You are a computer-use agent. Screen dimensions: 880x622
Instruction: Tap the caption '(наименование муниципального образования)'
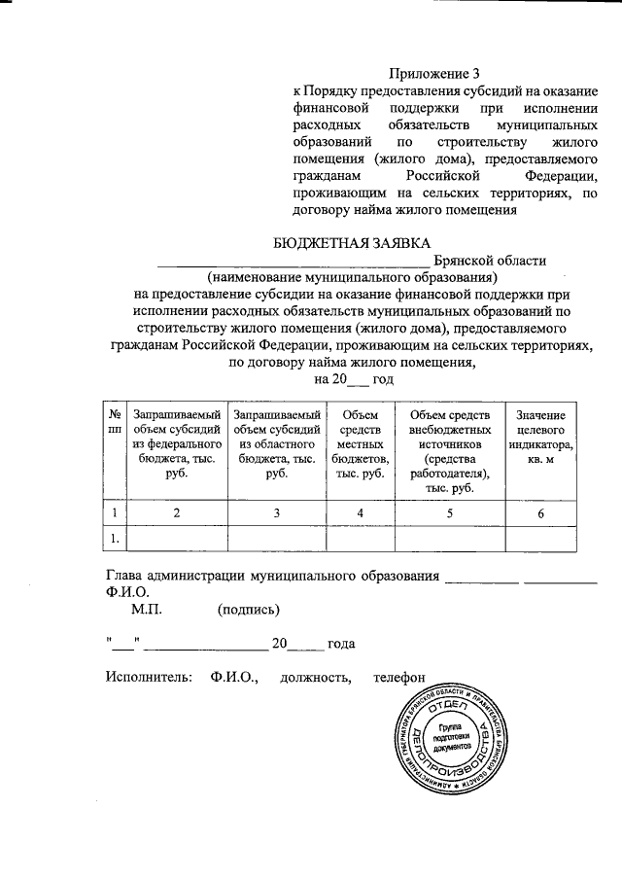pos(351,277)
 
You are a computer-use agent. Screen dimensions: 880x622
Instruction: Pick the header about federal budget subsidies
pos(176,442)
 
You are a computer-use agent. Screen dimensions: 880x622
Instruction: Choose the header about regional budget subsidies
pos(277,442)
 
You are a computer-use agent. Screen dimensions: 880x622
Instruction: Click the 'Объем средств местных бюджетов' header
pos(361,442)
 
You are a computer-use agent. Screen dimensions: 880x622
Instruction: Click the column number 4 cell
pos(361,512)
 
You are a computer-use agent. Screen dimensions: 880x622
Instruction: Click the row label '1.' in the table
pos(115,537)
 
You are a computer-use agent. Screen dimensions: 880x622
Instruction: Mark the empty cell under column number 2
pos(176,537)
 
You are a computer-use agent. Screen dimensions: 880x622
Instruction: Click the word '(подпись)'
pos(250,610)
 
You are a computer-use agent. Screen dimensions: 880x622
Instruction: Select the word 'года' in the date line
pos(341,644)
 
